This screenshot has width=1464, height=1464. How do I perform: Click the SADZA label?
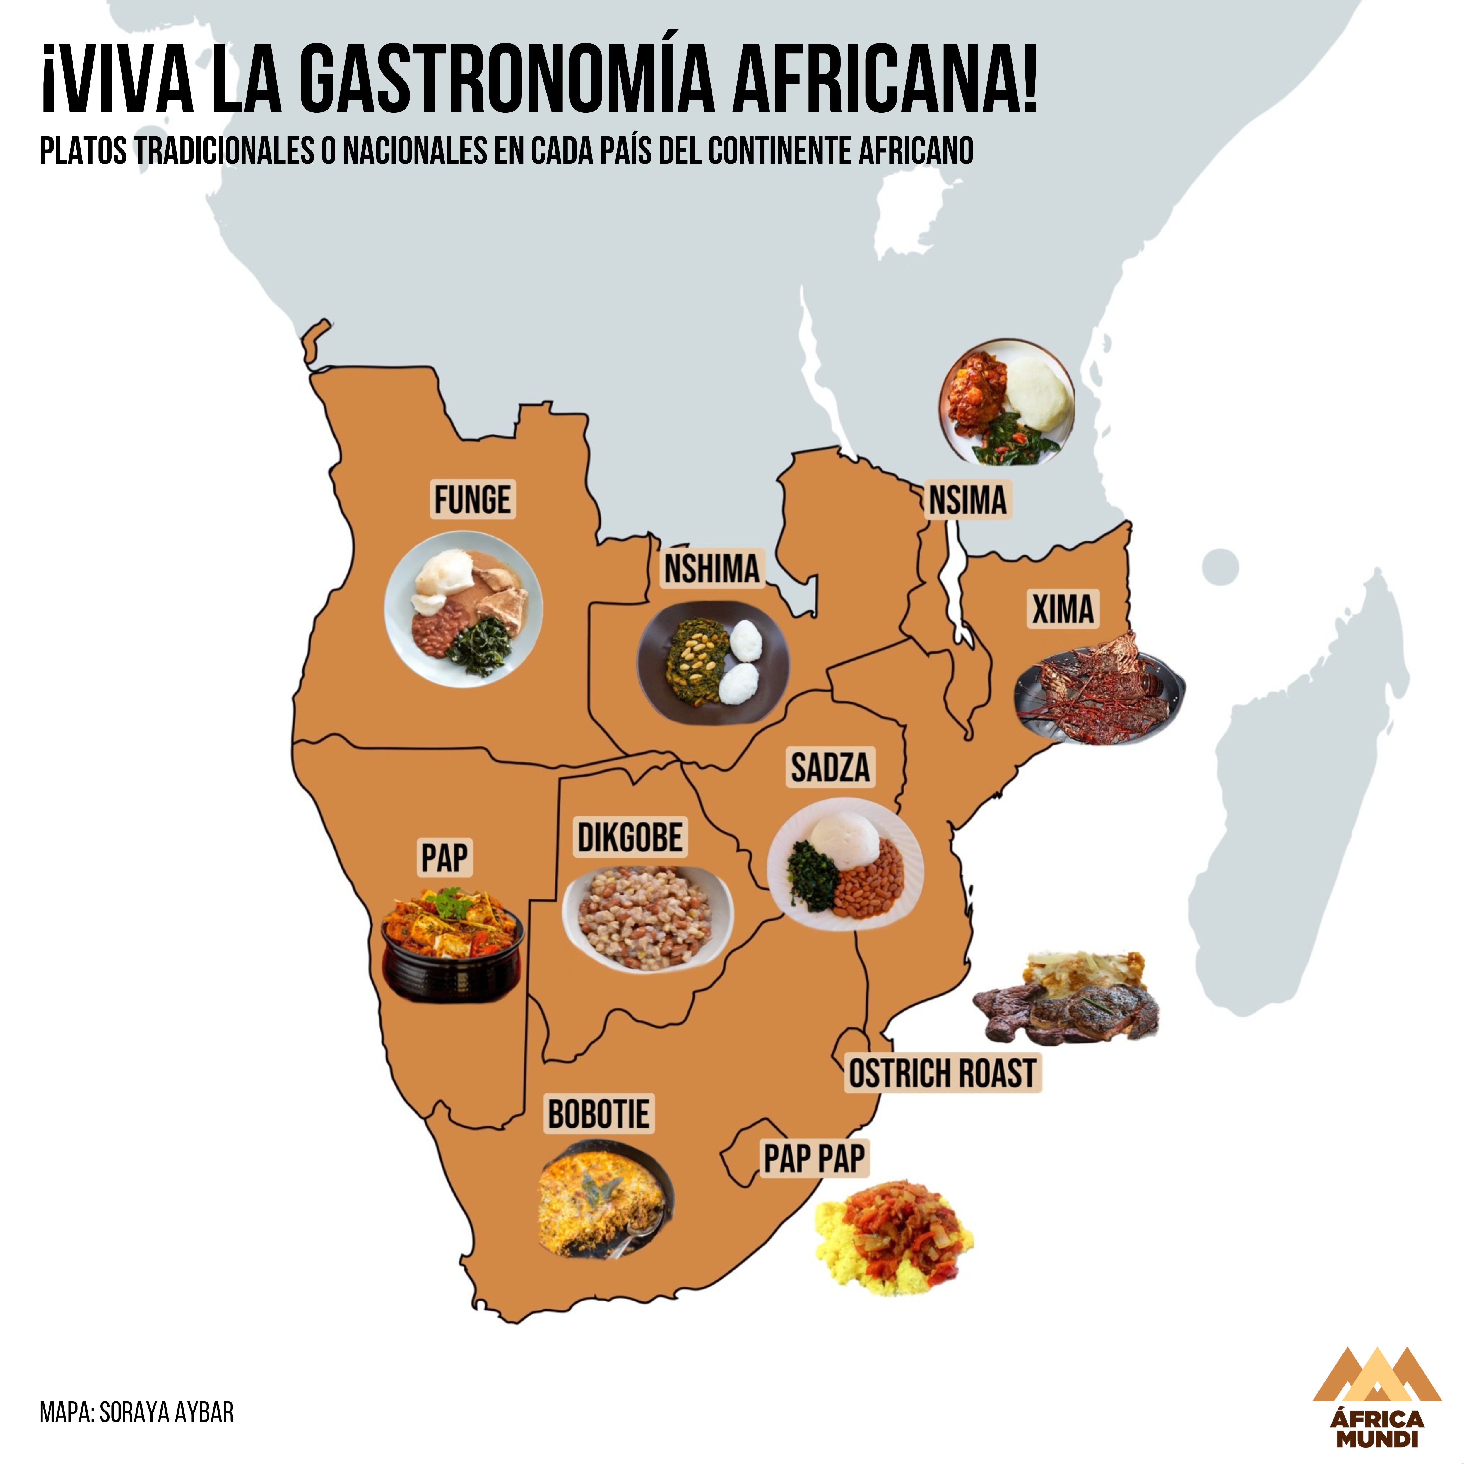point(830,768)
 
